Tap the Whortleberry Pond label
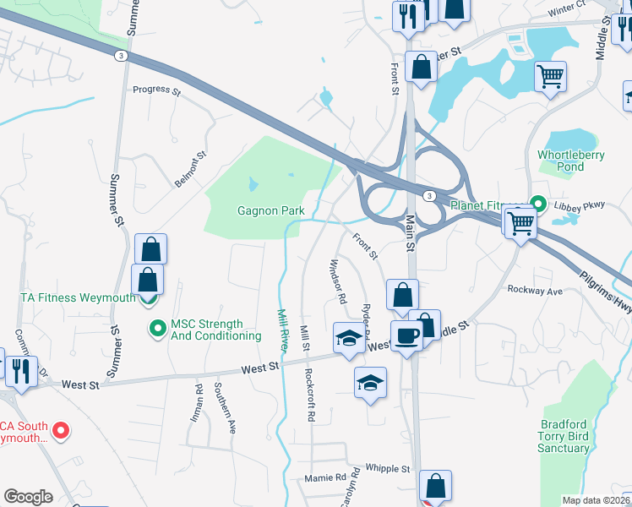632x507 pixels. pos(571,161)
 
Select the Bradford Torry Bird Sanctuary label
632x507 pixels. pos(575,435)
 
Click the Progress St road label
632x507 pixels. pos(157,89)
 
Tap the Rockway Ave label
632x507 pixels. pos(535,290)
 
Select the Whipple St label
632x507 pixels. pos(388,468)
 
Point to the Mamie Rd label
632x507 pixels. pos(326,477)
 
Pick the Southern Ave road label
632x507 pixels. pos(224,408)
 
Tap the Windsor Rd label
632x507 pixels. pos(337,281)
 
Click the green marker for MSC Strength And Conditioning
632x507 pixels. pos(156,327)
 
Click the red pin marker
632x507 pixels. pos(60,431)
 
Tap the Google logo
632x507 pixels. pos(27,497)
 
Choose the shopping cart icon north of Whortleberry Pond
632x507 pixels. pos(550,77)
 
